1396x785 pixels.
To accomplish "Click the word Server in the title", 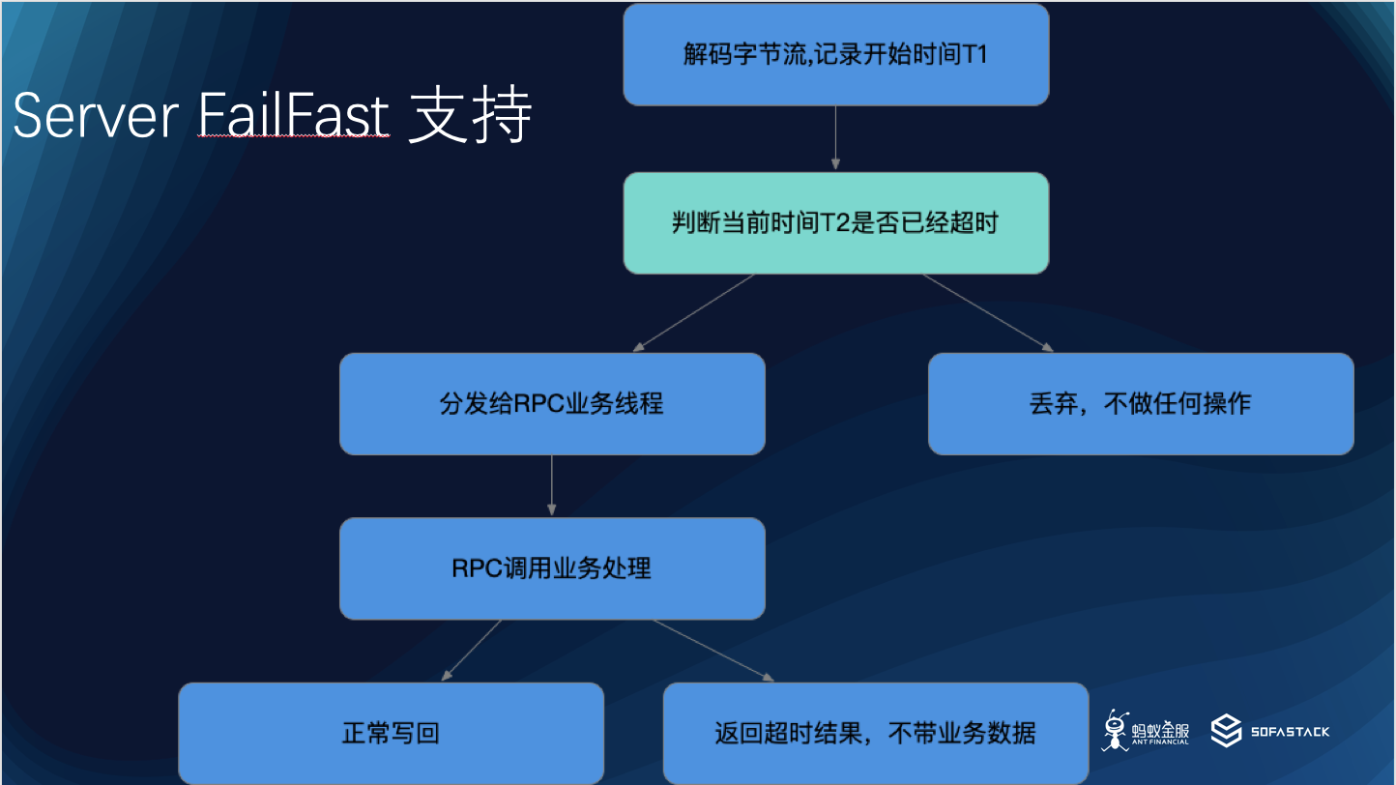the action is click(x=95, y=118).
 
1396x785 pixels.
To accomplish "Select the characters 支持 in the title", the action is click(x=470, y=118).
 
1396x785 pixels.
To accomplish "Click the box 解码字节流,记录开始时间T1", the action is click(x=835, y=54).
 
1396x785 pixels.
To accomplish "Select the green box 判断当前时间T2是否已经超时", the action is click(x=835, y=223).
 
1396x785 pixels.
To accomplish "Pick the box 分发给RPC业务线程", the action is click(x=552, y=403).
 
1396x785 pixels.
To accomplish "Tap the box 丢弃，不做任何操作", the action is click(x=1141, y=403).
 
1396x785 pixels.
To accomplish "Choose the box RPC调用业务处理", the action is click(x=552, y=568).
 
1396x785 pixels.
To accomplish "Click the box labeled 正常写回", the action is click(x=391, y=733).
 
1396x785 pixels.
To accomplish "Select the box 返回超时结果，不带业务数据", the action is click(x=875, y=733).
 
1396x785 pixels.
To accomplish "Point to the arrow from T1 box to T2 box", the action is click(x=835, y=138).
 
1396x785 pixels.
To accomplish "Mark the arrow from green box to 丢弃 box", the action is click(x=987, y=312).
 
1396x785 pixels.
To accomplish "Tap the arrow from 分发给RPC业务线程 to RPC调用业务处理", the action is click(x=552, y=485).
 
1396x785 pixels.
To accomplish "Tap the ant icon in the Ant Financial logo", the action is click(x=1117, y=731).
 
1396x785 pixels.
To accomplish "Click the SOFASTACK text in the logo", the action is click(x=1290, y=732).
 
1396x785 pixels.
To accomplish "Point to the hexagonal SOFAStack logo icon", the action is click(x=1227, y=731).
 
